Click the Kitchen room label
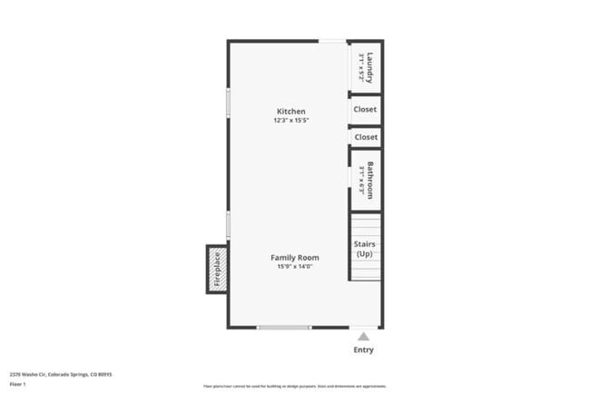click(290, 112)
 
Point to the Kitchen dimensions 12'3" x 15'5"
click(290, 121)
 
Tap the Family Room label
click(295, 258)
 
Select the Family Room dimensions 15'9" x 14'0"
click(295, 266)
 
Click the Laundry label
click(370, 65)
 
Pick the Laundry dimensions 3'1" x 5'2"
click(361, 65)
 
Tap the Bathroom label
click(370, 178)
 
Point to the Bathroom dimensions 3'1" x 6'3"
click(361, 178)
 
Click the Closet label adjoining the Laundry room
click(366, 109)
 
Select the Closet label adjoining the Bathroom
click(366, 137)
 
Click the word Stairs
click(365, 244)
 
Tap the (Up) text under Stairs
click(365, 254)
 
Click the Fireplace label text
click(217, 270)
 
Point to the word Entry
click(363, 350)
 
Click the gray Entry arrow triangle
click(363, 336)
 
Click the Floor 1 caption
click(19, 384)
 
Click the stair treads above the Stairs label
click(365, 224)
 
